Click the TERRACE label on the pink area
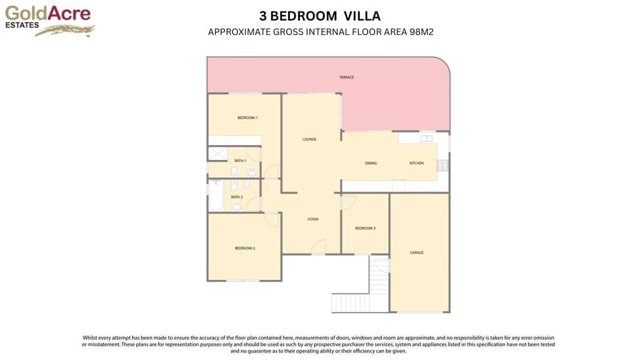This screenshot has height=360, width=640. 346,77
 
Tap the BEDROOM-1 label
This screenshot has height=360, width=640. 247,118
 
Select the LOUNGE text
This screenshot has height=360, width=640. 309,139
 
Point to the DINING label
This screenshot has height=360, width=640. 371,163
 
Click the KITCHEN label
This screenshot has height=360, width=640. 416,163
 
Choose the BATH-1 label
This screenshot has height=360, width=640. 241,161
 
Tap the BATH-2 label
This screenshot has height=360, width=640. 237,197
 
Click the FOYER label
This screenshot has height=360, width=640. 312,219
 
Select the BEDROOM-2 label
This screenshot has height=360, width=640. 245,248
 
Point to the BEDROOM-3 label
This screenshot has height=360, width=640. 365,228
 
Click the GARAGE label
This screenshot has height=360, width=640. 416,252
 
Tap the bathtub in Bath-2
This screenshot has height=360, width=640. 216,196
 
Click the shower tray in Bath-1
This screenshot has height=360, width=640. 217,154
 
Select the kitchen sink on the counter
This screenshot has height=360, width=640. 426,138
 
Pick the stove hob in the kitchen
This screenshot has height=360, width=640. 442,165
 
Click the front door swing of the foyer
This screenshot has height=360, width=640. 318,247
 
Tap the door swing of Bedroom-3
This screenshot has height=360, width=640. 348,202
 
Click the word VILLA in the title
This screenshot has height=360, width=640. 362,16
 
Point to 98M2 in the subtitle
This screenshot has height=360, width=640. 421,32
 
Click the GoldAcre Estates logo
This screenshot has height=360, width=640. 50,21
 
